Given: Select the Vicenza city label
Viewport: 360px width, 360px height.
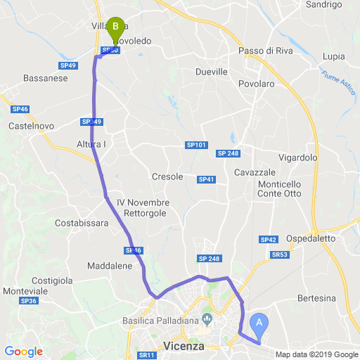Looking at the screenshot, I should point(183,346).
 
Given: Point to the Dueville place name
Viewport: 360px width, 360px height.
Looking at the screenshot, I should point(212,72).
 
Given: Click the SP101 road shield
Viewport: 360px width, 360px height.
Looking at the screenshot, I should point(197,145).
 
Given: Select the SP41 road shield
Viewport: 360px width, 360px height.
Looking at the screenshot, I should point(206,180).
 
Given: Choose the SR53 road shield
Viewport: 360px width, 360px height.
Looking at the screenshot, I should point(279,255).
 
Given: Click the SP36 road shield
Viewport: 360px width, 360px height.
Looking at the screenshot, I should point(28,301).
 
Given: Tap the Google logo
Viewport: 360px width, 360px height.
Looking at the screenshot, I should point(23,352).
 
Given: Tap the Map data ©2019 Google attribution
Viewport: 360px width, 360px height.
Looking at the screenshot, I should point(316,354).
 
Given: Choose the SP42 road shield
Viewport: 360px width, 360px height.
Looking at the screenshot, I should point(269,240).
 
